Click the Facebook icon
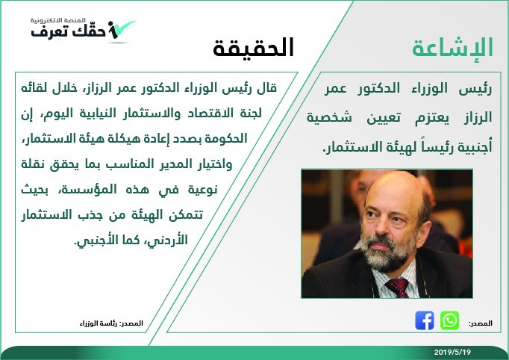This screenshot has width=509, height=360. click(424, 320)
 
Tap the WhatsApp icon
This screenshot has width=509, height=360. click(449, 320)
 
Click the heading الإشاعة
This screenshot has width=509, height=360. click(452, 48)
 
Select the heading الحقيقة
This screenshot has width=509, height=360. click(254, 48)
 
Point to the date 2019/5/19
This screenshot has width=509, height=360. click(452, 352)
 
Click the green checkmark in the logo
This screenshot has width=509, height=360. click(123, 28)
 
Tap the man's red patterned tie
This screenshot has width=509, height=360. click(398, 288)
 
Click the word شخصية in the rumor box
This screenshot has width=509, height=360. click(329, 117)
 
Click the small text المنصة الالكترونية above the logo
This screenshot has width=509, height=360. click(58, 20)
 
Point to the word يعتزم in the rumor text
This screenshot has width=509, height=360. click(432, 117)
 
